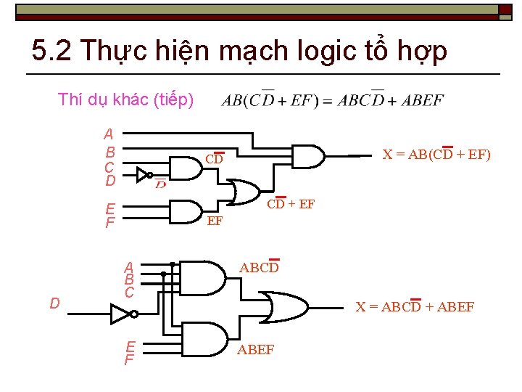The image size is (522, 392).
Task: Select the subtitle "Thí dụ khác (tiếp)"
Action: (x=125, y=100)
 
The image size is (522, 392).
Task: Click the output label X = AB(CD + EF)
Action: (x=436, y=154)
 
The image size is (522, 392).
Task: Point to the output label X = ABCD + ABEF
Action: (x=415, y=306)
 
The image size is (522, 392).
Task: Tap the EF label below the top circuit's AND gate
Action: (x=215, y=221)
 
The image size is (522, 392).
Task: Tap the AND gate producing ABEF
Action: (x=206, y=339)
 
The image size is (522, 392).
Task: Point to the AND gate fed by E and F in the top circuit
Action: (x=185, y=212)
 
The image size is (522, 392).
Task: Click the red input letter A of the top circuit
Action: (x=109, y=134)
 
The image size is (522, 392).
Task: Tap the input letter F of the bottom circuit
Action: (x=129, y=359)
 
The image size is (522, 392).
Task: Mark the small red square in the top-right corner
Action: (x=505, y=9)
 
